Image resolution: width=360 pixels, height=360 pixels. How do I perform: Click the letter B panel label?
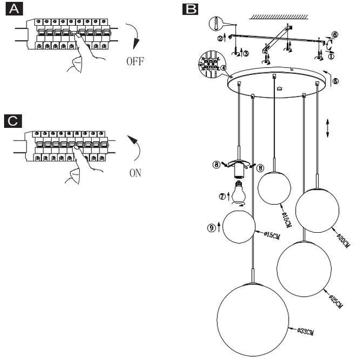pos(190,10)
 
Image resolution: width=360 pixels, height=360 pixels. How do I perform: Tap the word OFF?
pos(136,61)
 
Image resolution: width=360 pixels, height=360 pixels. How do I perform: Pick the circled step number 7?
pos(223,196)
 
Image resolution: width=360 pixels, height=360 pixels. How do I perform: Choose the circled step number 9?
pos(211,227)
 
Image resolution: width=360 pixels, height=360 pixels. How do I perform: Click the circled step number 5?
pos(335,80)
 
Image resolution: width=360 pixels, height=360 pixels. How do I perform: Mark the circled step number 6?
pos(334,35)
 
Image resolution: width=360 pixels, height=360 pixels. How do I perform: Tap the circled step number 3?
pos(246,53)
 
